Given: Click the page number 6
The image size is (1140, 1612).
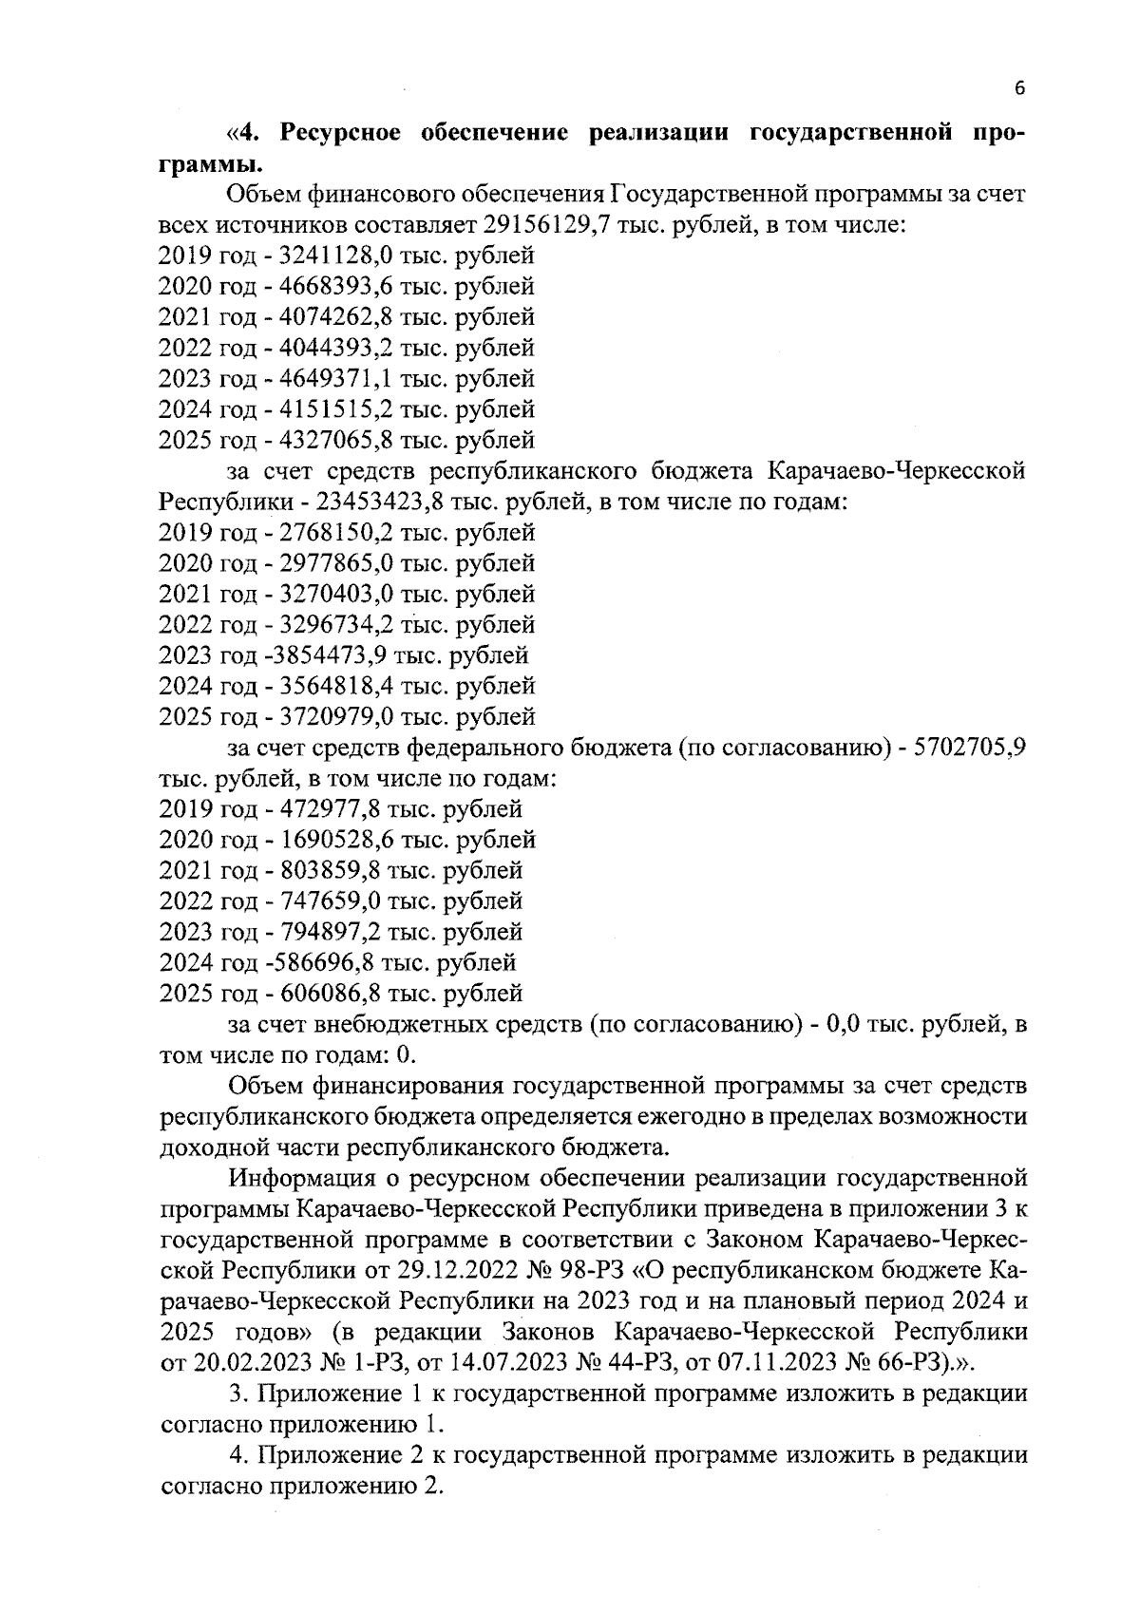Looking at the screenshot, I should (1019, 88).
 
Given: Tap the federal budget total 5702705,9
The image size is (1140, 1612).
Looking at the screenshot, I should (968, 749).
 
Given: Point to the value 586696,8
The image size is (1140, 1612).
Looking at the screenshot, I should (317, 963).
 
